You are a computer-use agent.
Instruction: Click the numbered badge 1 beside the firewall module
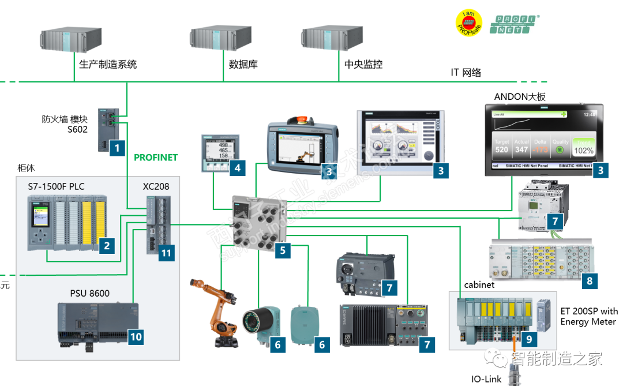(117, 148)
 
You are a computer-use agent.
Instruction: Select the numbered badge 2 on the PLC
(107, 246)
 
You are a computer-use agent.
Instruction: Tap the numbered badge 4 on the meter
(237, 169)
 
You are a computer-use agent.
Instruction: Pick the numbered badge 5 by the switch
(283, 250)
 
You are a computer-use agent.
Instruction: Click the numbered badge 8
(589, 281)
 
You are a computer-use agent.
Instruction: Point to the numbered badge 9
(529, 339)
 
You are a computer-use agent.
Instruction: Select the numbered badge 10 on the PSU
(136, 336)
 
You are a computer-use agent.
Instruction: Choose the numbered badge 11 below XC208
(166, 253)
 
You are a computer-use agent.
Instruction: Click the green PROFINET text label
(156, 157)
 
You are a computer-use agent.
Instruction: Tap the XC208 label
(156, 186)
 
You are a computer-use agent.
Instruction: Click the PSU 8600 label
(89, 293)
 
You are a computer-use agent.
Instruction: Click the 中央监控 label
(363, 65)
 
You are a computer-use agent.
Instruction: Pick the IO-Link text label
(487, 379)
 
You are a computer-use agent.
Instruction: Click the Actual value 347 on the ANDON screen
(522, 149)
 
